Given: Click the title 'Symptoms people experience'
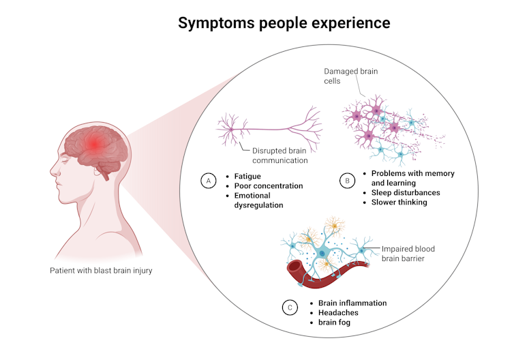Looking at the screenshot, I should point(284,23).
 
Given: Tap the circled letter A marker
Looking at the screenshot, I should point(207,181).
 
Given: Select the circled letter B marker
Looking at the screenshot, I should point(346,181).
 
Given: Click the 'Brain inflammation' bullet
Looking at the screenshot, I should point(352,303).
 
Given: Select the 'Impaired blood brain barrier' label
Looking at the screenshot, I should point(408,254).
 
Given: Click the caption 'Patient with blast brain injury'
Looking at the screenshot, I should point(101,271).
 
